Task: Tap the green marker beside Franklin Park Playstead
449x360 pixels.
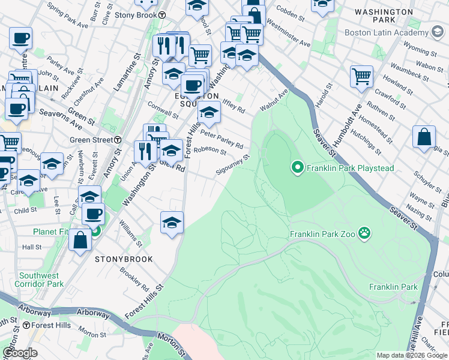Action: tap(297, 168)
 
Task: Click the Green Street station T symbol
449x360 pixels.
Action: tap(118, 140)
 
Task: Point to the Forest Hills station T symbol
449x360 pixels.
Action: tap(26, 325)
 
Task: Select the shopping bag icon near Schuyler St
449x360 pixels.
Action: tap(424, 137)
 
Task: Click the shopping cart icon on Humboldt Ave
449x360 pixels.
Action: tap(362, 76)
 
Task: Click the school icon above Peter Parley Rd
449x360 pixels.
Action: tap(209, 112)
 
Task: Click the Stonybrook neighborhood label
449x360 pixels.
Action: tap(124, 259)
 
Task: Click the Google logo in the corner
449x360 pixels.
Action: tap(20, 352)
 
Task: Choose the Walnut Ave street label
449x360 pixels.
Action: tap(274, 100)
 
